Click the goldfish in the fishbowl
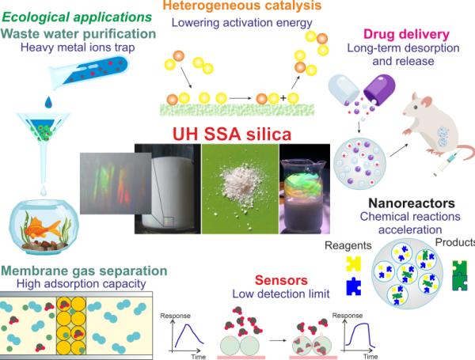point(42,226)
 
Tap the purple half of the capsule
point(379,88)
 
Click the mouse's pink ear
point(426,101)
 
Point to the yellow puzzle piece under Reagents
point(353,263)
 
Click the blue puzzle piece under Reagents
point(354,286)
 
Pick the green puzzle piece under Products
point(459,275)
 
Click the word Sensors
point(281,280)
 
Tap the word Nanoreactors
point(412,203)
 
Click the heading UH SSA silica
point(232,134)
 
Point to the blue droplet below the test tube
point(48,102)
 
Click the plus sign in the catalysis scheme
point(283,98)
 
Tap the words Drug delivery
point(406,34)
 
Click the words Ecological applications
point(77,17)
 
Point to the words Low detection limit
point(281,294)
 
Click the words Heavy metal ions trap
point(78,47)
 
